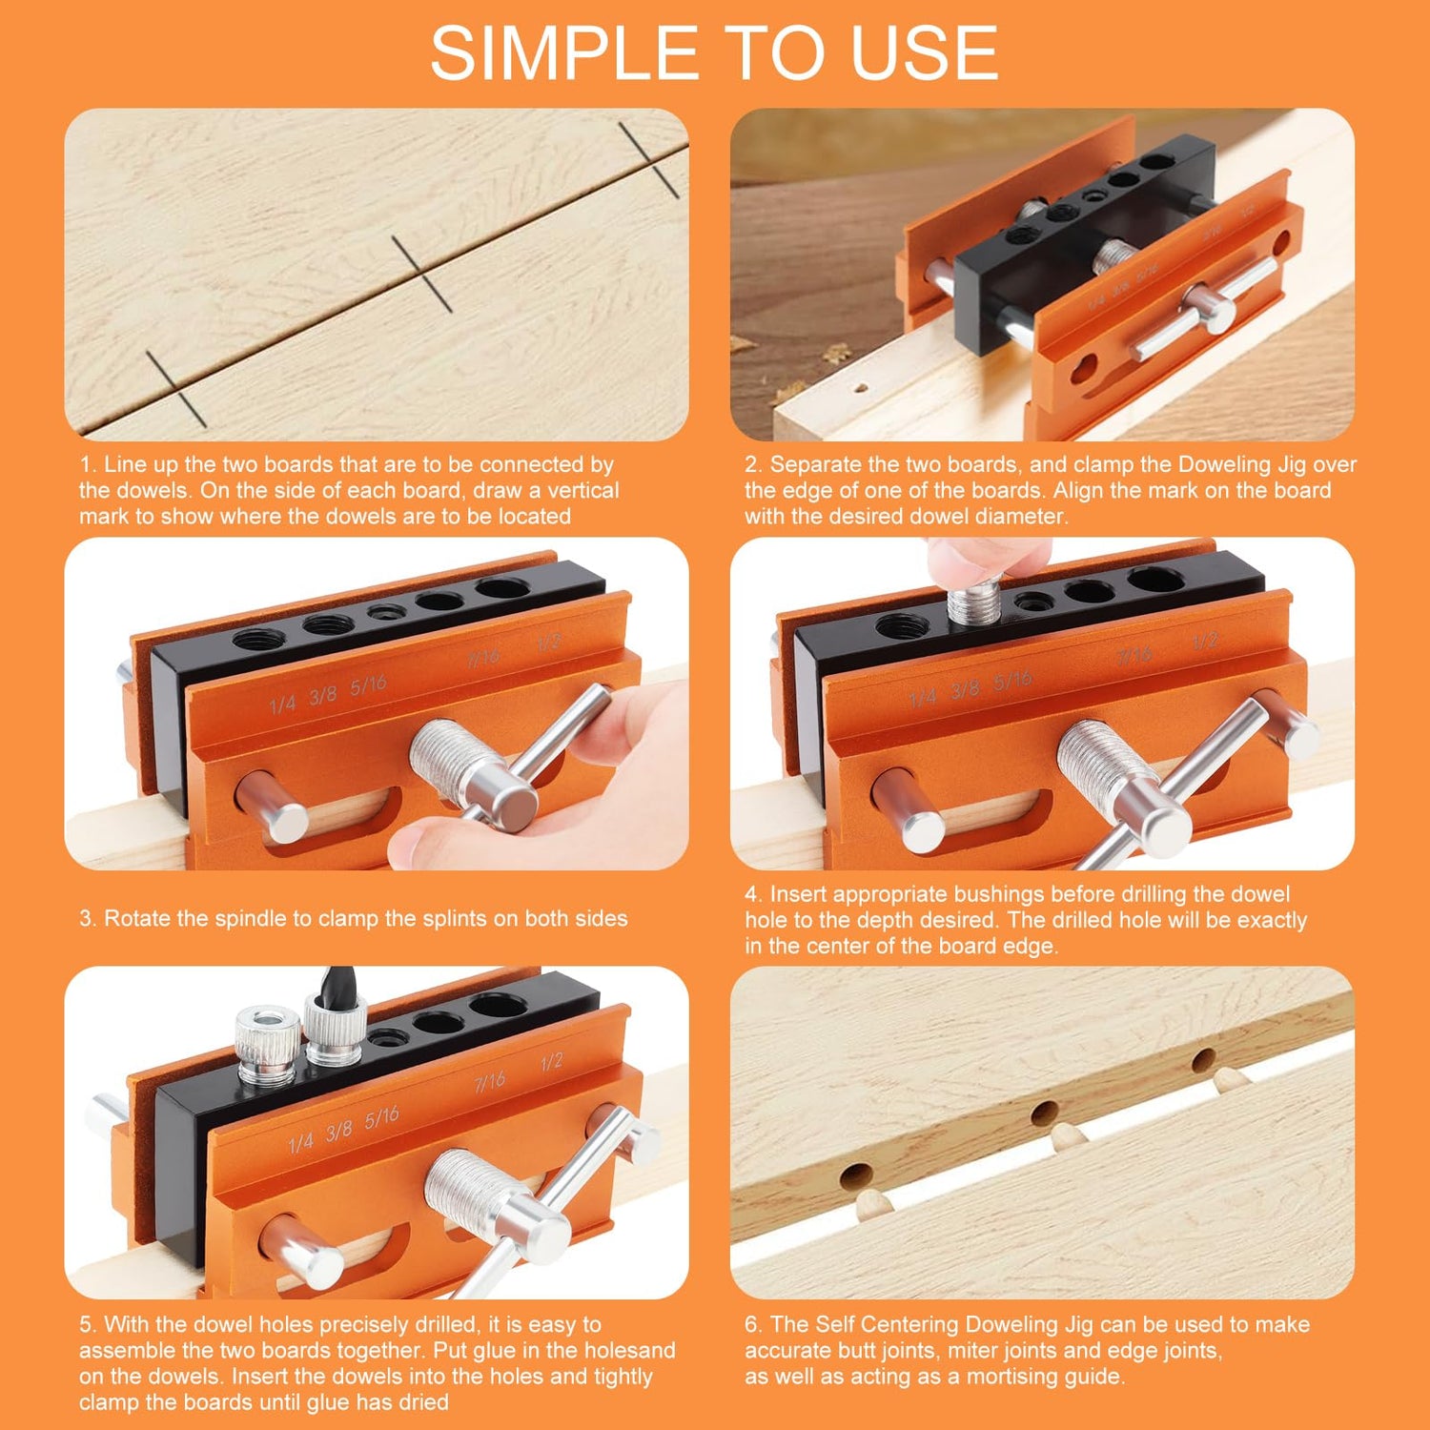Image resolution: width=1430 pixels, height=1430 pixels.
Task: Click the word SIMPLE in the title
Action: click(x=563, y=53)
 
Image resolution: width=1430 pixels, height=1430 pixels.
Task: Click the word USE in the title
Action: click(x=925, y=53)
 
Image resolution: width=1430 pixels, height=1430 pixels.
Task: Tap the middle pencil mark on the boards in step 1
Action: click(x=421, y=274)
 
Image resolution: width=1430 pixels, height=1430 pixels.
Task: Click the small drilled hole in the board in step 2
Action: click(x=861, y=389)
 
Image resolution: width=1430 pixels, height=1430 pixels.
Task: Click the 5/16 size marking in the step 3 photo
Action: click(x=368, y=684)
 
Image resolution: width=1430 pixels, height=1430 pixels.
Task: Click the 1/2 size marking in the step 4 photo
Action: click(x=1205, y=642)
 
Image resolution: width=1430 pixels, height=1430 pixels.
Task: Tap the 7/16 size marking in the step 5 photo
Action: click(x=490, y=1081)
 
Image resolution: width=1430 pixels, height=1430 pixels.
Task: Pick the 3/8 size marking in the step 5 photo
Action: click(x=339, y=1131)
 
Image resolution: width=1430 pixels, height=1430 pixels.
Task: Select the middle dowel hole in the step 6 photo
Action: click(x=1045, y=1112)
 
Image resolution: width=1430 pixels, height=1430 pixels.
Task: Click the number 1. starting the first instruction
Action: click(x=88, y=465)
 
